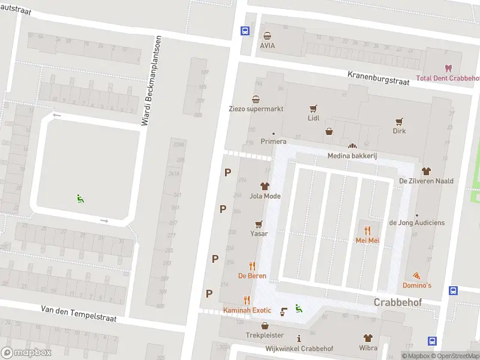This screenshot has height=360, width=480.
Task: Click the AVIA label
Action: (x=268, y=46)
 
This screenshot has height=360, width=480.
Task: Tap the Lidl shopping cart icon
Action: (x=313, y=109)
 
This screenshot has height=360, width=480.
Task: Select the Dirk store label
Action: (x=399, y=131)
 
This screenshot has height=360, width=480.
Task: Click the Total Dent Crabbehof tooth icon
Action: (x=447, y=68)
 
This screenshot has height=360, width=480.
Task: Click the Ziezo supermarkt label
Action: (x=256, y=109)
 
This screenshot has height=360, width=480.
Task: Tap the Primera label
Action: (x=273, y=142)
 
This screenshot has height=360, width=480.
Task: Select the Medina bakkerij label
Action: (x=352, y=155)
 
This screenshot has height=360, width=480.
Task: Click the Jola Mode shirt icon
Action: (x=265, y=186)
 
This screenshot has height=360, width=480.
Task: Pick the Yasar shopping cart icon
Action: (x=259, y=224)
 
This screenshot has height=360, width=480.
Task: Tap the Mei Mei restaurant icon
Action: (x=367, y=230)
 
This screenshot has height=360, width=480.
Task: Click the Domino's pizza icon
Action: (x=416, y=275)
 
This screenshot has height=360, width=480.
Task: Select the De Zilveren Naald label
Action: (x=426, y=181)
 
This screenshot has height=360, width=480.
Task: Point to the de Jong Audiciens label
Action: (x=417, y=223)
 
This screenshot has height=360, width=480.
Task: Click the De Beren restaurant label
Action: (x=251, y=276)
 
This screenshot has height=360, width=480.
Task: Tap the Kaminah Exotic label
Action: (x=247, y=310)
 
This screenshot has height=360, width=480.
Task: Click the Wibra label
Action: (x=368, y=348)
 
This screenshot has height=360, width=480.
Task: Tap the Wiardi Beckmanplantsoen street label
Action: (x=151, y=81)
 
